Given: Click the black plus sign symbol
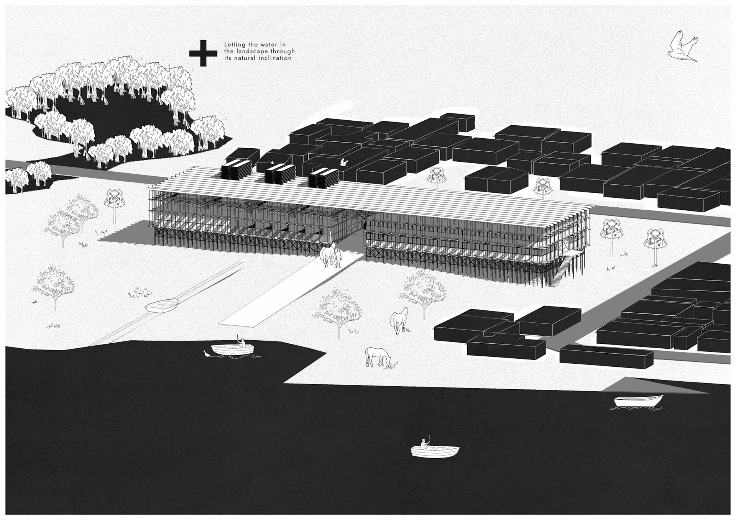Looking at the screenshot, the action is pos(203,53).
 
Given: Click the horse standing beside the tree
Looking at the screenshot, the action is pos(399,320).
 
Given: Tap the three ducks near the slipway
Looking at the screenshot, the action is pos(140,293).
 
